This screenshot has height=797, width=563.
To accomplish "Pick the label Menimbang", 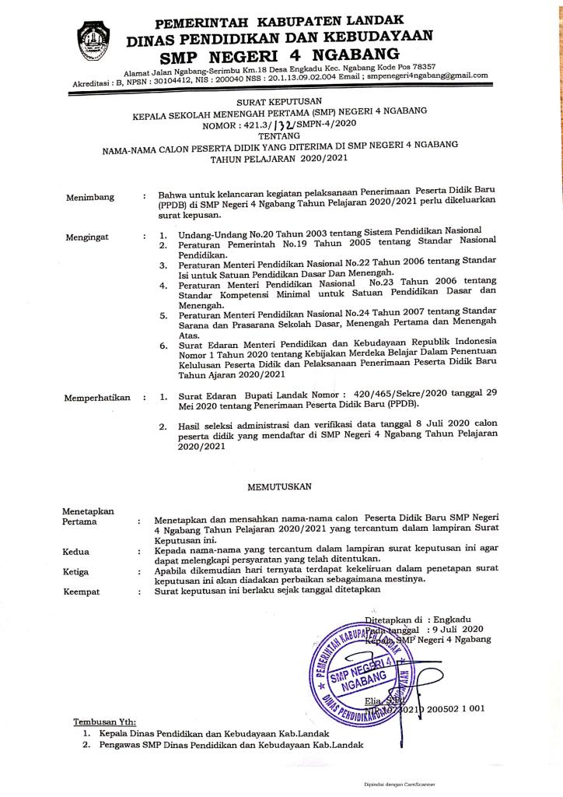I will point(89,197).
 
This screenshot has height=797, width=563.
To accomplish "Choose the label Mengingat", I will point(88,233).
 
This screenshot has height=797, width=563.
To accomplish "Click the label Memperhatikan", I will point(97,398).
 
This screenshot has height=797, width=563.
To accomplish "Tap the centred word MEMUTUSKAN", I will point(279,486).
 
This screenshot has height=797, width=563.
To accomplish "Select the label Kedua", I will point(75,552).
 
